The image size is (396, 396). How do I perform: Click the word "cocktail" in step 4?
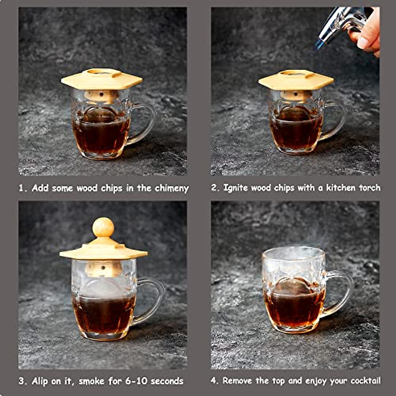click(366, 381)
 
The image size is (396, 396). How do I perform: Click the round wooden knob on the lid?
click(103, 227)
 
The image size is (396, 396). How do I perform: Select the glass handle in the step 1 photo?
click(145, 122)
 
